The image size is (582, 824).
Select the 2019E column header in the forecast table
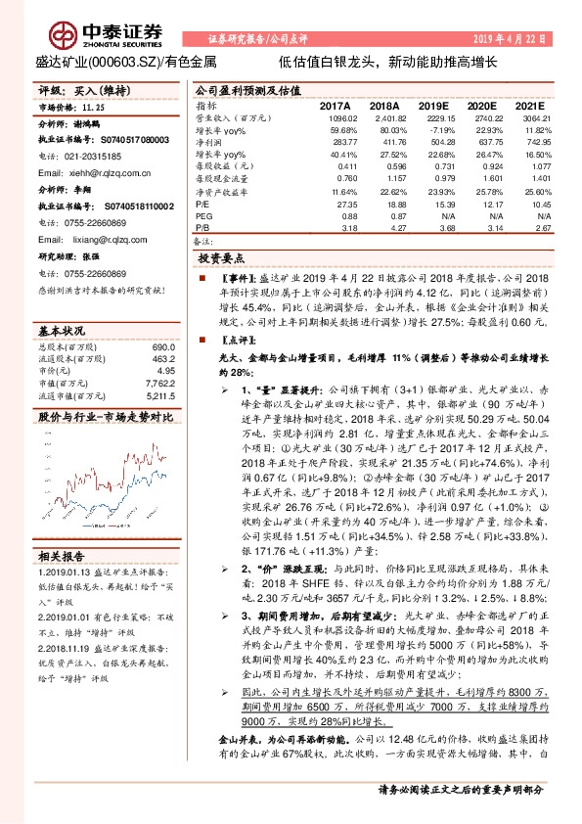coord(438,105)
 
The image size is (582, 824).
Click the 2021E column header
coord(528,105)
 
